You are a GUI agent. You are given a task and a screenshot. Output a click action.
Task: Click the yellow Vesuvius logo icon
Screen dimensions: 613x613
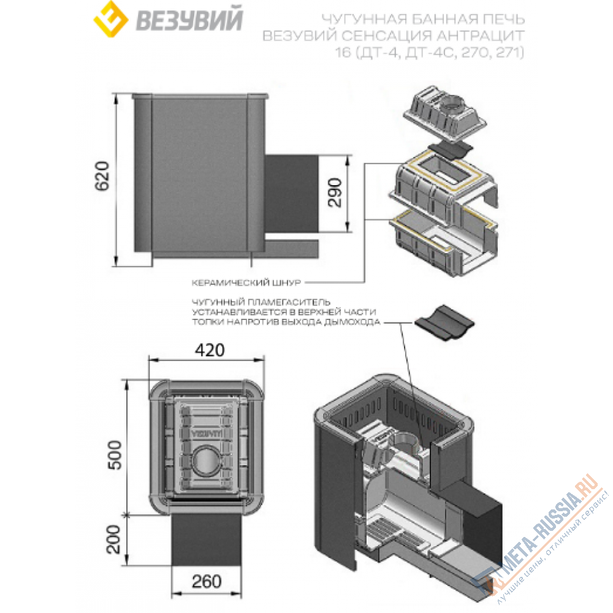(110, 19)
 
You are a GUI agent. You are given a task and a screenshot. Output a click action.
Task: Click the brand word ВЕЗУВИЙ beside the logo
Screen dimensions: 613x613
(189, 20)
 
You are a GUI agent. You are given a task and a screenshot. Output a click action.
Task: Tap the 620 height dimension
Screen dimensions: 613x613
(102, 176)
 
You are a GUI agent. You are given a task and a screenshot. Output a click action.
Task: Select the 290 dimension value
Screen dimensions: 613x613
(335, 192)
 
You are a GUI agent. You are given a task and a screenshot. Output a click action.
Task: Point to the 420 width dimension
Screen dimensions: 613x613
(210, 350)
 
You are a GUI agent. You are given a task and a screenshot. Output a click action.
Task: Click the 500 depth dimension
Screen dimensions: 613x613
(115, 455)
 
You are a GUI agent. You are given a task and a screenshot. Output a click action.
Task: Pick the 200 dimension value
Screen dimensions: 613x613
(114, 539)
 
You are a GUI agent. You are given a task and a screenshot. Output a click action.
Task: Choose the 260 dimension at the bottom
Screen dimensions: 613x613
(207, 581)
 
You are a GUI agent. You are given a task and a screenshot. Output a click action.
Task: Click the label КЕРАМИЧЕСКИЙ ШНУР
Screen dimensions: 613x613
(246, 282)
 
